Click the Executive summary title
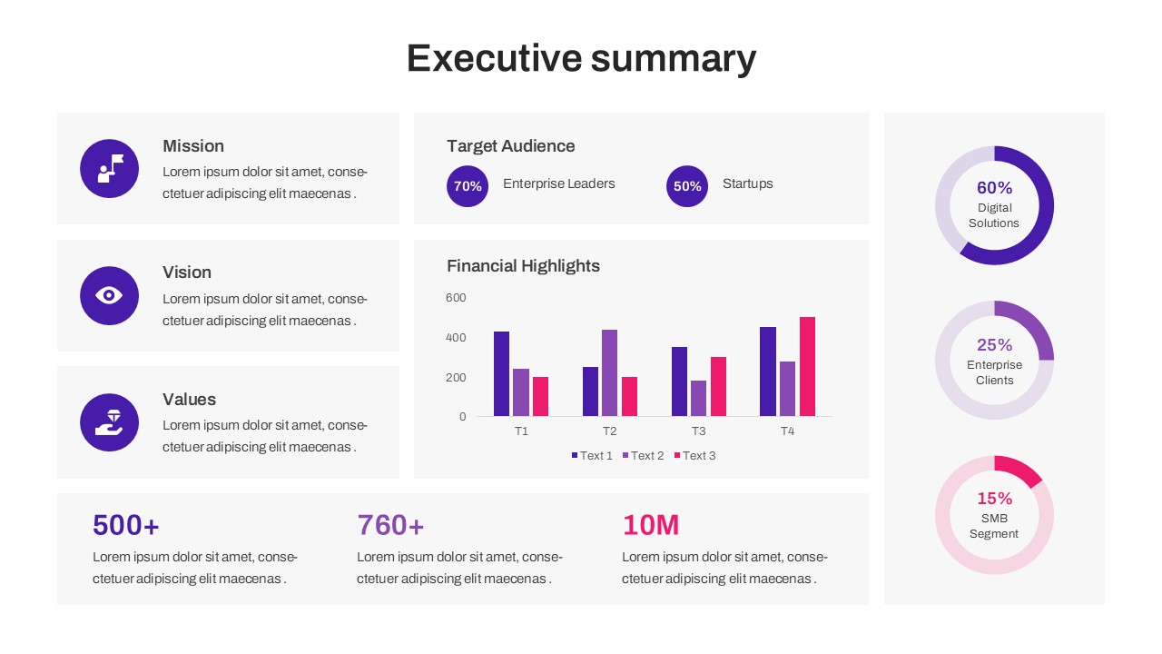(581, 58)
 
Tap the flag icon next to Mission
(109, 168)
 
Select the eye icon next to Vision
(109, 295)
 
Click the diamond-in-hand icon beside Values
(109, 422)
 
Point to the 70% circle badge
(468, 186)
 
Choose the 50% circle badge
(687, 186)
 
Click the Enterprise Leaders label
(558, 183)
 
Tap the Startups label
(747, 183)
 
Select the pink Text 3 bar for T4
(807, 367)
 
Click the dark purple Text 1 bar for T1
(501, 374)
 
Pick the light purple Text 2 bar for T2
(609, 373)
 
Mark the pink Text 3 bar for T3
(718, 387)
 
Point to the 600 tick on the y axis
(456, 298)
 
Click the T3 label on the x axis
(698, 431)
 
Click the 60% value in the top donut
(994, 188)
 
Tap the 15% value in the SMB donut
(994, 499)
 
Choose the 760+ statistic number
(390, 525)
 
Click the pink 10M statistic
(651, 525)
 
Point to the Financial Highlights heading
(523, 266)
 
